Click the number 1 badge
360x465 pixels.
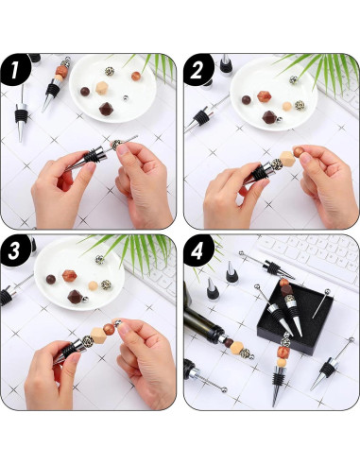[x=15, y=70]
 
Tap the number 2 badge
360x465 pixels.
[x=197, y=70]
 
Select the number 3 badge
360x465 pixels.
[x=15, y=250]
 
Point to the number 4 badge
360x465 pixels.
[x=197, y=250]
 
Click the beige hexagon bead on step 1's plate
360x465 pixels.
[x=101, y=88]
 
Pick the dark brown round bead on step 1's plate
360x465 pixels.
[x=85, y=92]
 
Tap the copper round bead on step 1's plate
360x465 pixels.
[x=136, y=76]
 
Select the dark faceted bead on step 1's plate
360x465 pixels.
[x=106, y=109]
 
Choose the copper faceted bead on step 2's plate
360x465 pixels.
[x=264, y=96]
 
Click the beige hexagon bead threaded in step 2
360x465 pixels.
[x=286, y=159]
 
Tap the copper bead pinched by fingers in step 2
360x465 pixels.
[x=298, y=151]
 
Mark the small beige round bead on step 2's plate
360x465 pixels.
[x=286, y=106]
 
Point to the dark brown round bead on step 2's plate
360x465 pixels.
[x=247, y=100]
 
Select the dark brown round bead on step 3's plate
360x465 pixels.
[x=51, y=279]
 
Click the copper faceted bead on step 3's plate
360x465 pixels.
[x=69, y=276]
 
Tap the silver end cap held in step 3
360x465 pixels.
[x=117, y=322]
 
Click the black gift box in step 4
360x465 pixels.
[x=295, y=317]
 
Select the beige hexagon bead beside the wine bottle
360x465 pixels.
[x=236, y=348]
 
